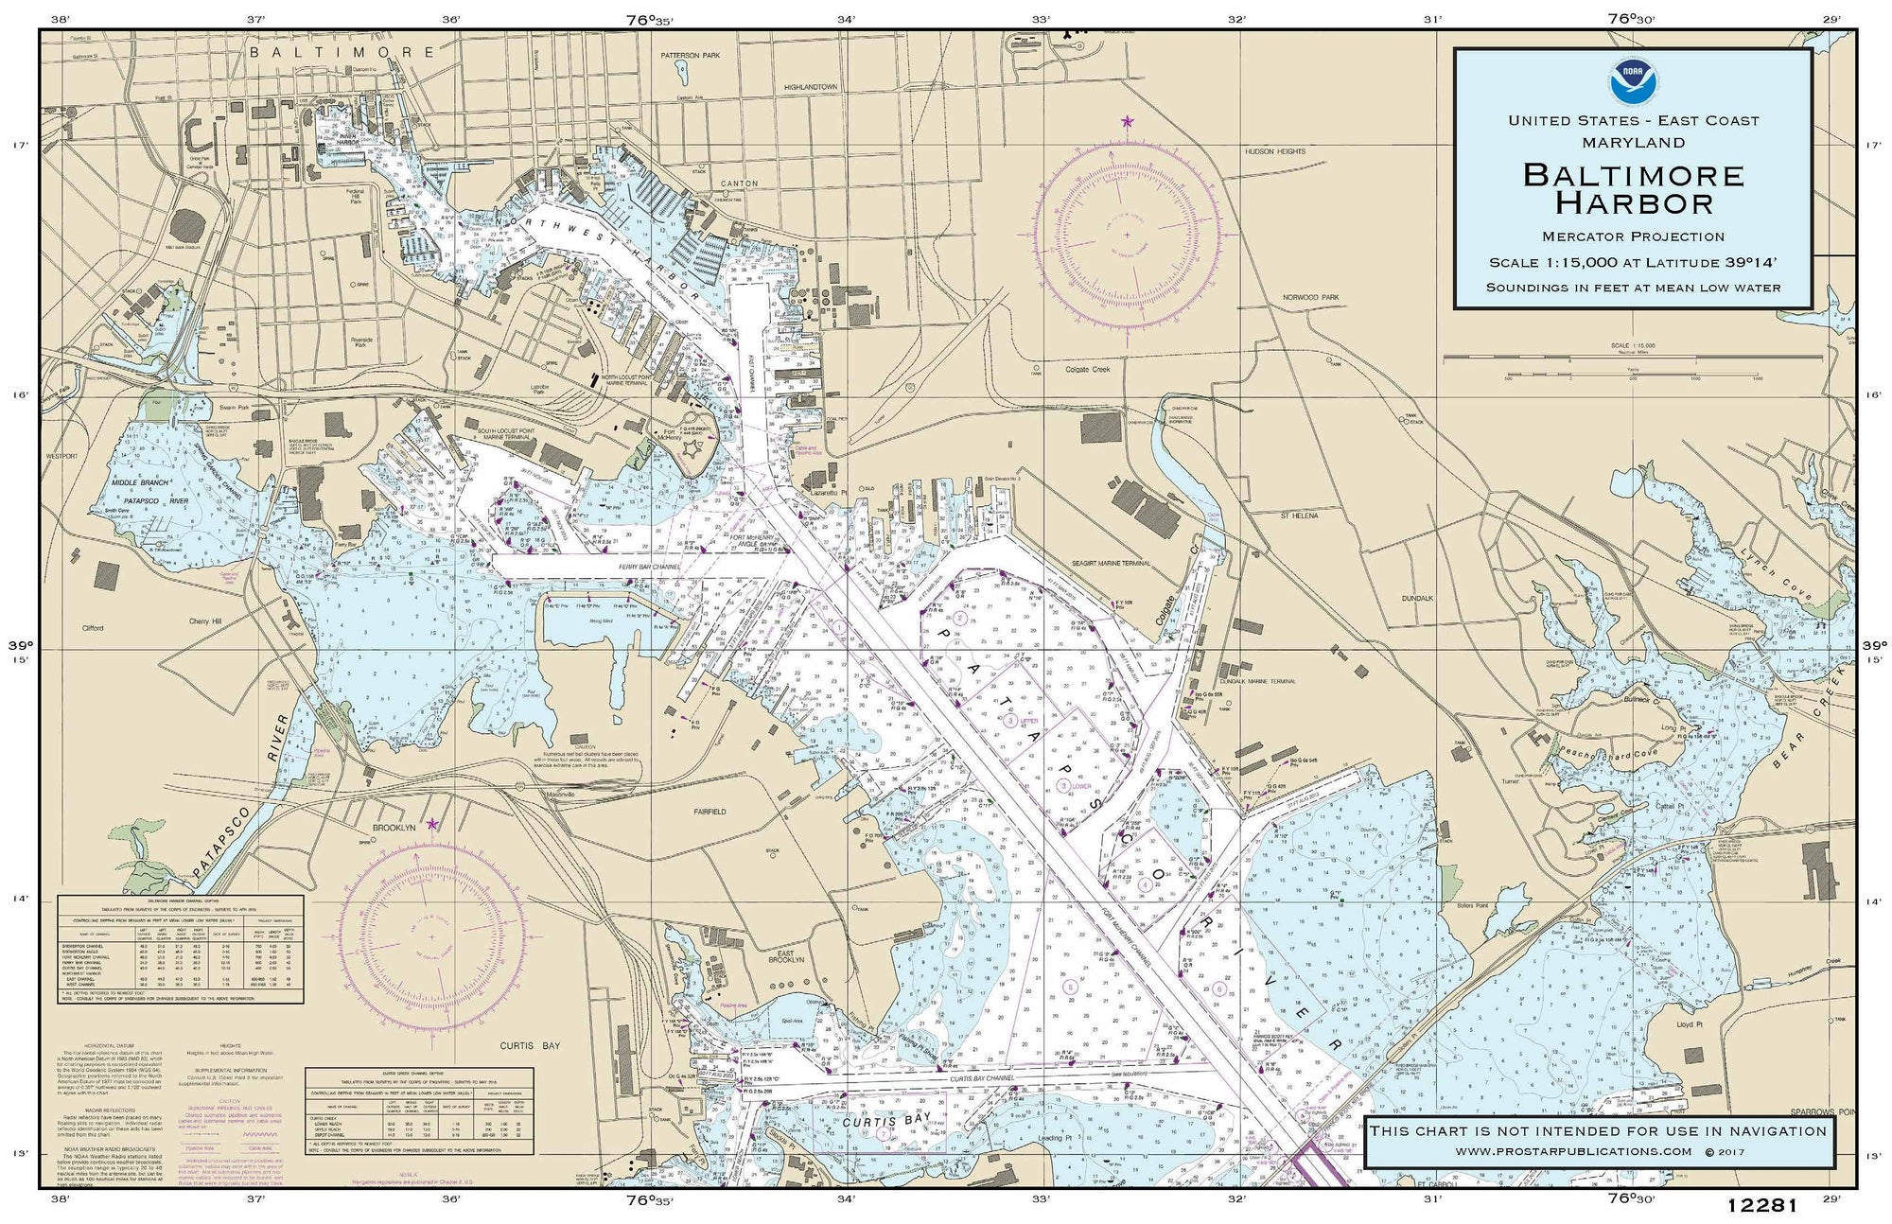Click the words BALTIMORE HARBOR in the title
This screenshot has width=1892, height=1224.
point(1633,188)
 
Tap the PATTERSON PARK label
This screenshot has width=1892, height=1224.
point(691,56)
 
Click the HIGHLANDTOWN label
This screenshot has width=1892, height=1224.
point(811,86)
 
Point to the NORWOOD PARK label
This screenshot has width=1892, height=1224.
point(1311,297)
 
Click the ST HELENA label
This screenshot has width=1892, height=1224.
point(1299,516)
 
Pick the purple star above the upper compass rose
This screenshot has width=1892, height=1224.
point(1127,122)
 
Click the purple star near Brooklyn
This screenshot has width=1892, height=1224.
point(432,824)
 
